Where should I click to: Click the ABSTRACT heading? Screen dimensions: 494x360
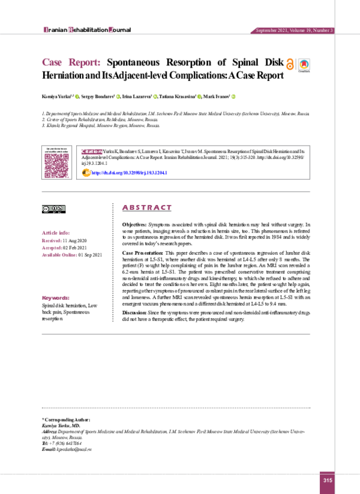[x=147, y=207]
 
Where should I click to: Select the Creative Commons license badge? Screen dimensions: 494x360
[x=53, y=209]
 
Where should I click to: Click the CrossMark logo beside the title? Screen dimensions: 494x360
[x=305, y=65]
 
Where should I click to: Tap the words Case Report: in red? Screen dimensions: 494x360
[x=73, y=62]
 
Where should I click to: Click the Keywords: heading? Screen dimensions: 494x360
[x=56, y=298]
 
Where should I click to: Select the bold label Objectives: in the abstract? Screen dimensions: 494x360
[x=130, y=223]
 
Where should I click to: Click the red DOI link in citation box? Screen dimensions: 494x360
[x=128, y=173]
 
